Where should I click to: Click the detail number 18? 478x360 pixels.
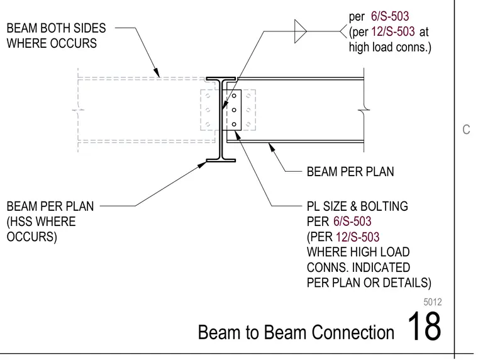click(x=424, y=326)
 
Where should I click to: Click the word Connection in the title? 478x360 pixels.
click(x=353, y=332)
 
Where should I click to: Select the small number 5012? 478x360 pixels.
click(x=433, y=302)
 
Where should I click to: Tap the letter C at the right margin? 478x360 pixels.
click(x=466, y=130)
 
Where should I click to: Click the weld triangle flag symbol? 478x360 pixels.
click(x=300, y=31)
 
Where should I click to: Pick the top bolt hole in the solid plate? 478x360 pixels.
click(x=234, y=96)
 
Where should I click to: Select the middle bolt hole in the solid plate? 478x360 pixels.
click(x=234, y=110)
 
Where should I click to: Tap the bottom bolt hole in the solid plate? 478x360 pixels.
click(x=234, y=124)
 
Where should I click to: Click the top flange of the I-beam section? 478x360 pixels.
click(x=221, y=79)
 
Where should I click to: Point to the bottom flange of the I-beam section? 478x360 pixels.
click(x=221, y=160)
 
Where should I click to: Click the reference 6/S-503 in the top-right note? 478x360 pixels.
click(x=390, y=16)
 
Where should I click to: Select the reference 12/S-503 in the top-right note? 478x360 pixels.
click(x=393, y=31)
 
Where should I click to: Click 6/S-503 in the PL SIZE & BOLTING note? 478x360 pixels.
click(x=352, y=222)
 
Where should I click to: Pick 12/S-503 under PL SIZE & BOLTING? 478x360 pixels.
click(x=358, y=237)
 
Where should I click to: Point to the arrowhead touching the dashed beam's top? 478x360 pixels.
click(x=157, y=72)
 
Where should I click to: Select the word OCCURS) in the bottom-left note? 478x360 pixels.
click(x=31, y=237)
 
